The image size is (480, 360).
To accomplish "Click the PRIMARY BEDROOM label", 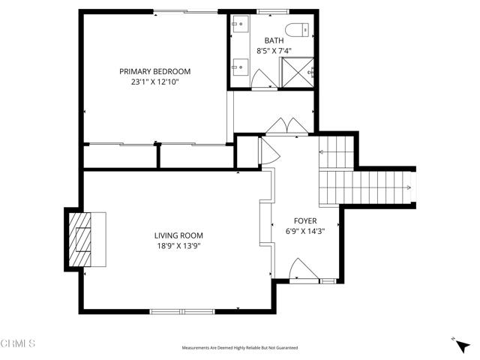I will point(155,71).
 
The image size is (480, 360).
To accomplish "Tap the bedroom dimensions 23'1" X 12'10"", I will point(155,82).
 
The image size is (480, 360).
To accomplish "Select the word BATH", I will point(273,40).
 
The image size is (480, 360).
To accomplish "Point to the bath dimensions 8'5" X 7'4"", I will point(273,51).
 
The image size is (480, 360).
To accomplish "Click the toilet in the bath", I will point(302,31).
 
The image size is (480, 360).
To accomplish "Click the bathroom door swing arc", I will point(262,78).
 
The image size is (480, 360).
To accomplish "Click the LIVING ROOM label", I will point(178,235).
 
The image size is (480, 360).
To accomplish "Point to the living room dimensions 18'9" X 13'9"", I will point(178,245).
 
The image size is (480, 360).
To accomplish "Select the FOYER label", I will point(305,221).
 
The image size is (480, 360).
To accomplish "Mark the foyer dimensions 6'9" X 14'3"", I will point(305,232).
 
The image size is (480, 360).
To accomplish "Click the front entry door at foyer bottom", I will point(304,270).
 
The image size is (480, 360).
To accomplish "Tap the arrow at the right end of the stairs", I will point(409,188).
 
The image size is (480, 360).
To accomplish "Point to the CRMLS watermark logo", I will point(18,344).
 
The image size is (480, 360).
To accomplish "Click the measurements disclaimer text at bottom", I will point(239,348).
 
